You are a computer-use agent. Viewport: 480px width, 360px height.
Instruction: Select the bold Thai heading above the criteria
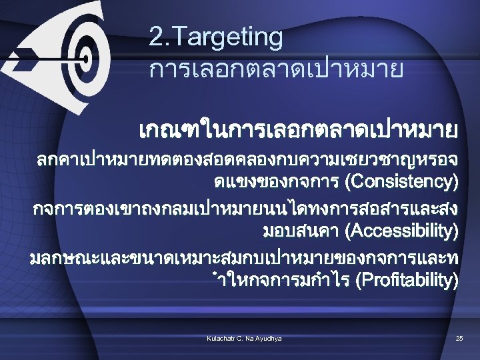[299, 127]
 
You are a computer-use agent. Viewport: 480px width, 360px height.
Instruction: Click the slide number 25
[459, 339]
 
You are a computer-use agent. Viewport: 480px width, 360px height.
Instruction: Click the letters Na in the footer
[251, 339]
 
